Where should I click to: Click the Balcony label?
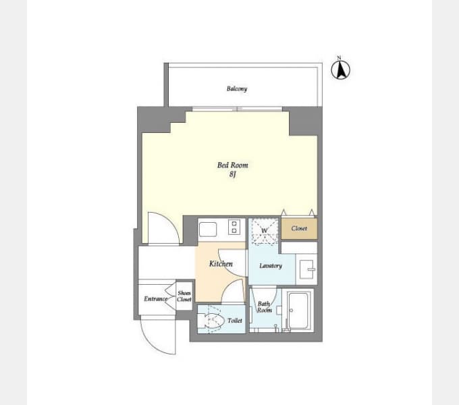click(237, 88)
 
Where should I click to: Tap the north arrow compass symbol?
click(340, 70)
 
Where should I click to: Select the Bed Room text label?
click(233, 165)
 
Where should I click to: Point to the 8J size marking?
click(233, 174)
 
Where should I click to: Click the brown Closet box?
click(299, 228)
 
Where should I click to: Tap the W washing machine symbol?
click(265, 231)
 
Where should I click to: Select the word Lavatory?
click(271, 266)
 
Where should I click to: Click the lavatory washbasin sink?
click(306, 269)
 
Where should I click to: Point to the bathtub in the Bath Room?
click(298, 310)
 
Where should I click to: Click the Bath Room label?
click(265, 307)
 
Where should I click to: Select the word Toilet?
click(235, 321)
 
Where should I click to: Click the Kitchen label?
click(221, 264)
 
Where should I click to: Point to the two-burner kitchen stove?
click(234, 227)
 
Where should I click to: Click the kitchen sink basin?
click(208, 229)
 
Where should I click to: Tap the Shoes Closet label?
click(184, 296)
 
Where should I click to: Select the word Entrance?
click(156, 299)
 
